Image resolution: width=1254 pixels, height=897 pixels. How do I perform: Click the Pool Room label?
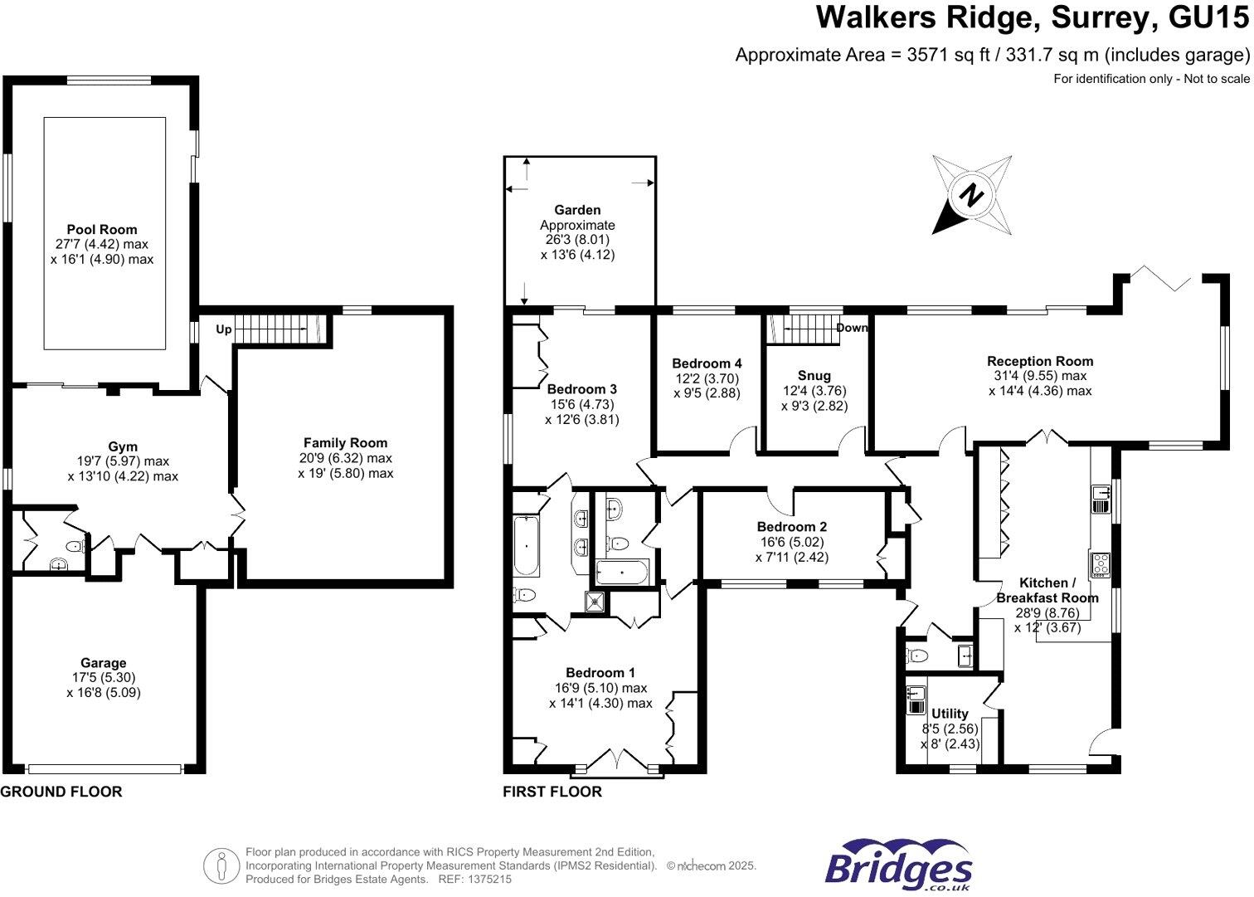point(102,230)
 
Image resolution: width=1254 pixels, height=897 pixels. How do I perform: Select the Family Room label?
point(345,443)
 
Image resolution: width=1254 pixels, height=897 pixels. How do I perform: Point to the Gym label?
point(123,446)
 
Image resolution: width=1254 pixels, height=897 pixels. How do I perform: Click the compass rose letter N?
point(970,196)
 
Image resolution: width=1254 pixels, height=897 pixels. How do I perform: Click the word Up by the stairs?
point(224,329)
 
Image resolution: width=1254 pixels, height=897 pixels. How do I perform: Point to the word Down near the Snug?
point(852,328)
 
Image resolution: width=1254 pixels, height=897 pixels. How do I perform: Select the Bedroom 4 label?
point(707,363)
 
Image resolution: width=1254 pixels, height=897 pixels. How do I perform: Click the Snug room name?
point(814,376)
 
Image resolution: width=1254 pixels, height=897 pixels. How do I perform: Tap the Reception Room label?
point(1040,361)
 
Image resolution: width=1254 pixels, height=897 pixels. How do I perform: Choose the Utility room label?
point(950,714)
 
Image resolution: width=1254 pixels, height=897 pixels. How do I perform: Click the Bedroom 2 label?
point(791,527)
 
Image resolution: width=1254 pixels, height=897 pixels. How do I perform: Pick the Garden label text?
point(577,211)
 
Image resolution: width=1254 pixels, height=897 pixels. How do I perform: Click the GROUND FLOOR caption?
point(61,792)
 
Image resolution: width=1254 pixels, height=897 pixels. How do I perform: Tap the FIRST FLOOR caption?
point(552,792)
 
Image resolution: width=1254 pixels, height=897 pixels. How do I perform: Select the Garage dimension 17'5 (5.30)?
point(104,677)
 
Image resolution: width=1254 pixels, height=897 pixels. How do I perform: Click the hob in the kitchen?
point(1100,563)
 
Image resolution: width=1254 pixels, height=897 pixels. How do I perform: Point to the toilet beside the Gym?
point(75,546)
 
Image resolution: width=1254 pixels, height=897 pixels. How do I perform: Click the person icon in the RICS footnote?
point(221,866)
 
